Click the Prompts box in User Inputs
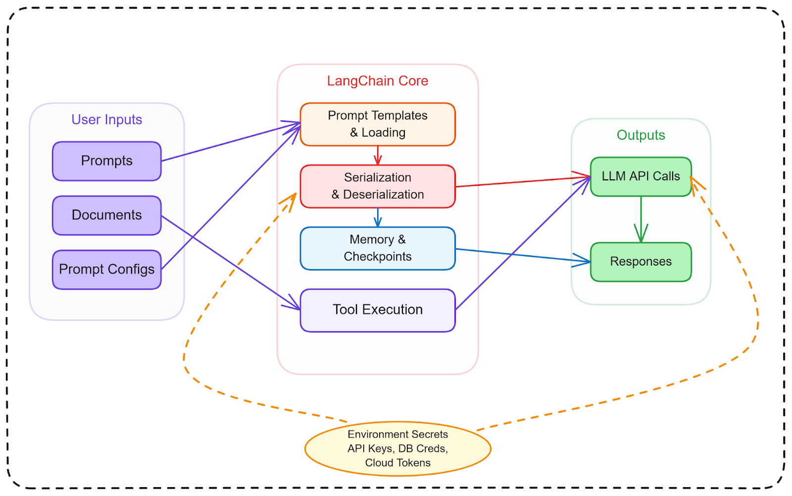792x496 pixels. [107, 161]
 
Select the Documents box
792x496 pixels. [107, 215]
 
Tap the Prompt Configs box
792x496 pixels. [107, 270]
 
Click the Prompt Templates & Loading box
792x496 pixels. [378, 124]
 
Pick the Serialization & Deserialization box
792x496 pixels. [378, 186]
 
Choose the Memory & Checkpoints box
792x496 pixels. [378, 248]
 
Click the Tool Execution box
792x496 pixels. [378, 310]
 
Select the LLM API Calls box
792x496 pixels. [641, 176]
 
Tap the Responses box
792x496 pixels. [641, 262]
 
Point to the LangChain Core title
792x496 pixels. [378, 81]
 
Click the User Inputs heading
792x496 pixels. [107, 119]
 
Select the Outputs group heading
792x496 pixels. [641, 135]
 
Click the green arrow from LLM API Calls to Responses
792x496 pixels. [641, 218]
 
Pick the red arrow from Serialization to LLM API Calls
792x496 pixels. [520, 182]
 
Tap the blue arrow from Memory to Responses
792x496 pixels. [520, 255]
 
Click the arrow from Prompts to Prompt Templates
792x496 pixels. [228, 142]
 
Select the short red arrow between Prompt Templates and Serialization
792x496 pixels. [378, 155]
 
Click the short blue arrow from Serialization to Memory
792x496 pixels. [378, 217]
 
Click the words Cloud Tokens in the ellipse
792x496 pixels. [397, 463]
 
